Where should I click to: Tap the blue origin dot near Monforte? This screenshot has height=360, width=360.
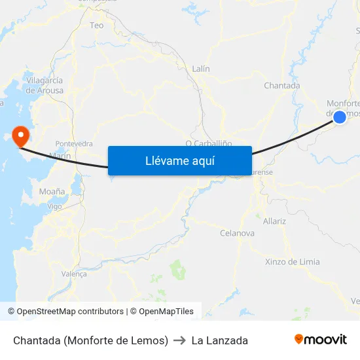point(340,117)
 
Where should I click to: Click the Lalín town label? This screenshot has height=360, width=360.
point(201,68)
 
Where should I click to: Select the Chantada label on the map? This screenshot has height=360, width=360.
point(281,85)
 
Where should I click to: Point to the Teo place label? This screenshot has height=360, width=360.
point(97,26)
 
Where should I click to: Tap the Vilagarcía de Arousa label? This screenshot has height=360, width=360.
point(45,85)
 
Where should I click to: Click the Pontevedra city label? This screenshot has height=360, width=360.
point(74,143)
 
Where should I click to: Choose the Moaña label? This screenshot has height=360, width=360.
point(52,191)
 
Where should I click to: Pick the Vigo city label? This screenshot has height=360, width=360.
point(55,206)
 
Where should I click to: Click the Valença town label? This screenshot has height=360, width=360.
point(73,274)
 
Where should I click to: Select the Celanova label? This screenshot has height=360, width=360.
point(237,233)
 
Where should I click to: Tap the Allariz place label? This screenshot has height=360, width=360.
point(274,221)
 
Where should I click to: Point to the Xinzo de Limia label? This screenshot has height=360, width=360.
point(293,262)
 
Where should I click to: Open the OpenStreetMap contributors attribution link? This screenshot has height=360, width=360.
point(70,312)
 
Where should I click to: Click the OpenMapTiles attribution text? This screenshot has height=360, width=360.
point(164,312)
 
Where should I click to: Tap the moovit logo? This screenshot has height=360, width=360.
point(321,339)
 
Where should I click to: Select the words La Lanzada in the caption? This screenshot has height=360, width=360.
point(219,340)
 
